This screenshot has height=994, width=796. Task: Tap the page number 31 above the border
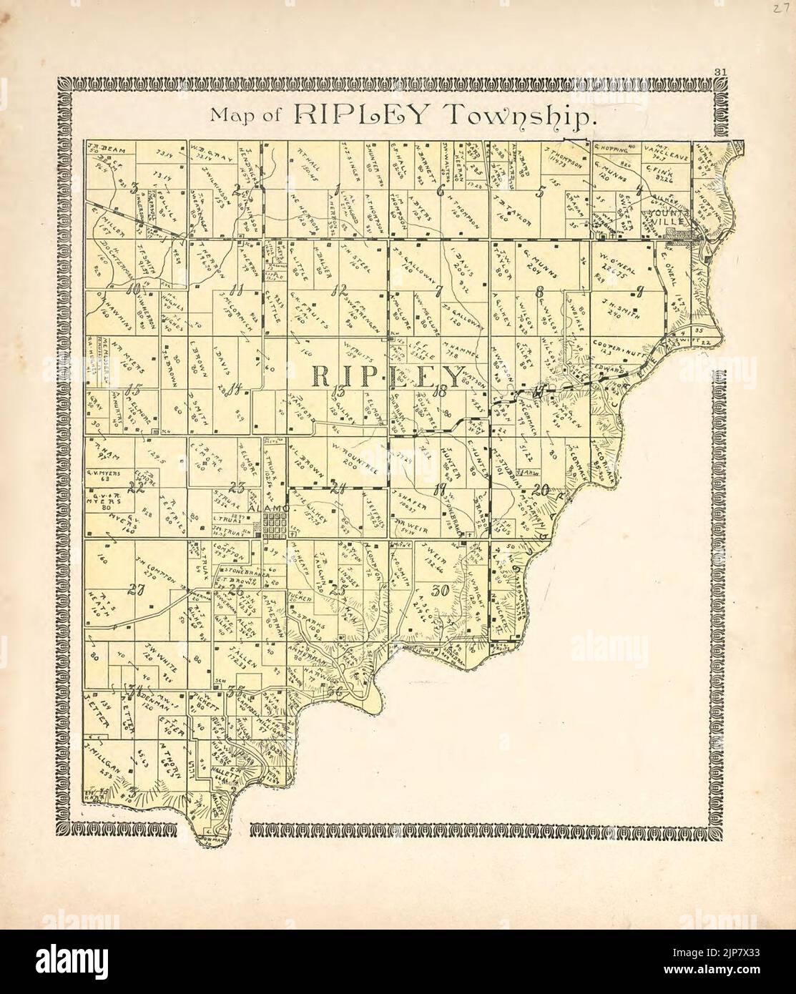[x=720, y=70]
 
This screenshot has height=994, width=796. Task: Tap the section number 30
[x=441, y=591]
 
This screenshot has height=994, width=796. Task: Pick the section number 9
[x=640, y=290]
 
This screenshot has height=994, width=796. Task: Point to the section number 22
[x=135, y=488]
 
